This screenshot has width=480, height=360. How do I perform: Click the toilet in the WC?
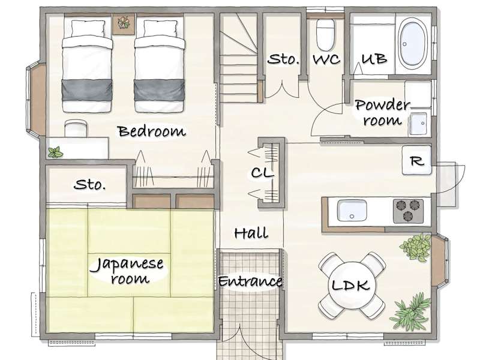(325, 35)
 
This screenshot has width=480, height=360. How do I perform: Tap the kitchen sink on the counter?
(352, 211)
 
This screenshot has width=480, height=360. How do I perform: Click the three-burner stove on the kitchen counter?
(409, 211)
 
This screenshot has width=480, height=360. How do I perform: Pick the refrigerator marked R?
(416, 160)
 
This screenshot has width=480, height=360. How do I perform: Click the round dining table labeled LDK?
(352, 285)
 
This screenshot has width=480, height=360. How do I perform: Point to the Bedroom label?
(152, 131)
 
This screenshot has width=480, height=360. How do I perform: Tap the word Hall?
(251, 233)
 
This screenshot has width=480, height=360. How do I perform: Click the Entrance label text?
(250, 281)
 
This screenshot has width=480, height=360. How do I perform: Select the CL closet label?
(262, 173)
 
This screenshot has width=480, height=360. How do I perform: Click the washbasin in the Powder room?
(418, 124)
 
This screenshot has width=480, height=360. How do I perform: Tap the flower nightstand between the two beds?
(124, 24)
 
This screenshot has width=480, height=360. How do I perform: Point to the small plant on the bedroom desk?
(55, 152)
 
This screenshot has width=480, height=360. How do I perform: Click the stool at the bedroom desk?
(76, 128)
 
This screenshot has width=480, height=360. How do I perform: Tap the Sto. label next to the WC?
(283, 59)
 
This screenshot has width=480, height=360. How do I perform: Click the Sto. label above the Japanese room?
(89, 184)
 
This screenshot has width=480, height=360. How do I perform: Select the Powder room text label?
(382, 113)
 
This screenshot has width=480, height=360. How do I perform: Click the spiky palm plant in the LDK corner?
(409, 312)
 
